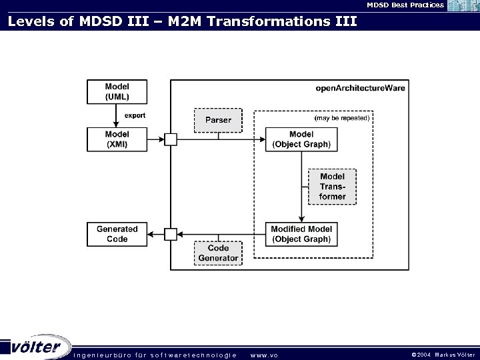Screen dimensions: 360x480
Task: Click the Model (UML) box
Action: [117, 92]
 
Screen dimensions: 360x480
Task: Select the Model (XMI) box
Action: [117, 139]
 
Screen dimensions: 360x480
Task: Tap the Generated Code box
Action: [117, 234]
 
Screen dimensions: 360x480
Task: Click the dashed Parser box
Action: [218, 120]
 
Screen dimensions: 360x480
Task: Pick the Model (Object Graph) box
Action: [301, 139]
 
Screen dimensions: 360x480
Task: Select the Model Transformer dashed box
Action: [332, 187]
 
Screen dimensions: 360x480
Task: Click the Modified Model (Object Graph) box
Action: [301, 234]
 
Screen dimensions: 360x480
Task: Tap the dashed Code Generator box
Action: [218, 253]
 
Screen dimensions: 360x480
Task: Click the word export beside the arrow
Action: [135, 115]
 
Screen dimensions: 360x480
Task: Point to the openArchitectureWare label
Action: [360, 88]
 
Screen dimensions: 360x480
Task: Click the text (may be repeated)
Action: [341, 117]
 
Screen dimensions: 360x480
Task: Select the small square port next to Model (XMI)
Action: [171, 139]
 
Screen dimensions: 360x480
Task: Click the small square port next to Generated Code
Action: [171, 234]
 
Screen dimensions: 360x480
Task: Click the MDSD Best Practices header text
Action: [405, 5]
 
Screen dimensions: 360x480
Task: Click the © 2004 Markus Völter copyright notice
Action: [443, 355]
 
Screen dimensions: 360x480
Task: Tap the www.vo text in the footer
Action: [263, 355]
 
